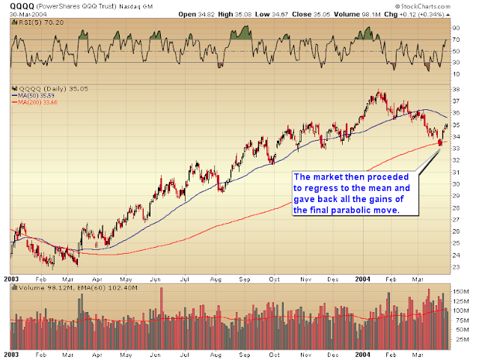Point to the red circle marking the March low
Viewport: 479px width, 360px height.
point(439,142)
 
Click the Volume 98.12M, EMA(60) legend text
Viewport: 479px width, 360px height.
point(56,286)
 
